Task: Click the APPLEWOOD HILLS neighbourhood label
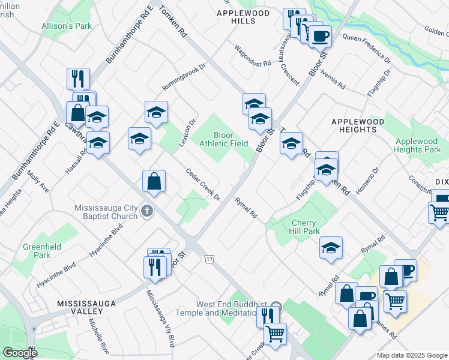pyautogui.click(x=236, y=16)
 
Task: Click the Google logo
pyautogui.click(x=20, y=353)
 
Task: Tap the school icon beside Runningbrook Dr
pyautogui.click(x=157, y=112)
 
